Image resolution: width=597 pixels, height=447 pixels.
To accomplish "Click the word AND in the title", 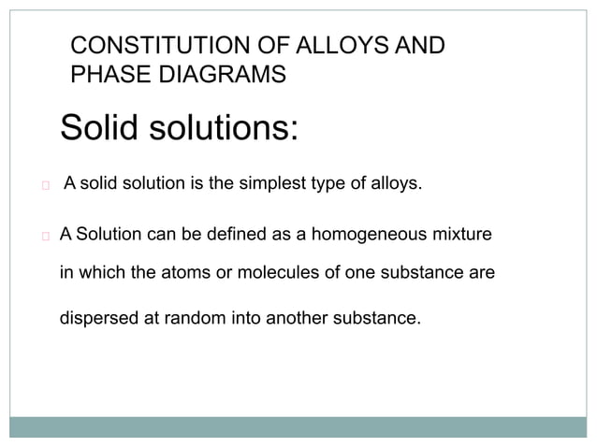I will point(417,46).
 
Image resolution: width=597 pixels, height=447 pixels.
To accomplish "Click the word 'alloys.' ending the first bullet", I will point(397,182).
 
